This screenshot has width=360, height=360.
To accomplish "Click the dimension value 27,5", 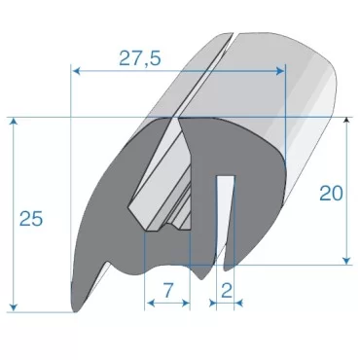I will (141, 58).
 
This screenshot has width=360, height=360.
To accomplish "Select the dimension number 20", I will (330, 194).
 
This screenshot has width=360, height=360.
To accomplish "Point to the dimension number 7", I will (167, 289).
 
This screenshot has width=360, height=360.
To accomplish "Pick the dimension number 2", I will (226, 289).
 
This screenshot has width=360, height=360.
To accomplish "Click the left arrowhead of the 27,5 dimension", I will (76, 70).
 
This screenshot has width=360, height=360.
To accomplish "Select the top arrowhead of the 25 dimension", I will (15, 123).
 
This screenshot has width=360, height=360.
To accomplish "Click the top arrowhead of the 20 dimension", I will (347, 121).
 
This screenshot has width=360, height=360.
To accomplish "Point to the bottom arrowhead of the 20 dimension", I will (347, 260).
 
